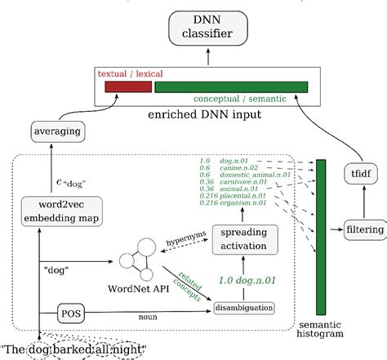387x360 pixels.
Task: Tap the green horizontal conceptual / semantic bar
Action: pyautogui.click(x=230, y=87)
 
